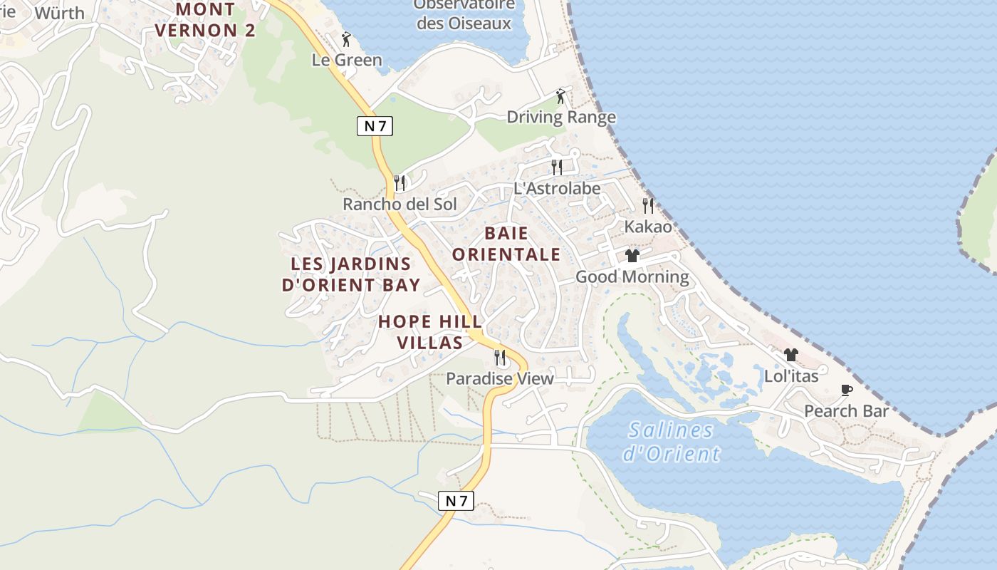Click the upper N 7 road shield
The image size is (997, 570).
pyautogui.click(x=375, y=126)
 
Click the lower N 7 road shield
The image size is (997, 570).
pyautogui.click(x=456, y=500)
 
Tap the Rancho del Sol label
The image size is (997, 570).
pyautogui.click(x=400, y=204)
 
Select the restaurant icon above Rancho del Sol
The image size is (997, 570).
pyautogui.click(x=400, y=183)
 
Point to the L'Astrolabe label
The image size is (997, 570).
pyautogui.click(x=557, y=189)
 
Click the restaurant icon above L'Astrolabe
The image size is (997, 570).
pyautogui.click(x=557, y=167)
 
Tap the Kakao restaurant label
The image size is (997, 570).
pyautogui.click(x=648, y=227)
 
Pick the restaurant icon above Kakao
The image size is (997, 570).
pyautogui.click(x=648, y=206)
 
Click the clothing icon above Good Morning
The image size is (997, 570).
pyautogui.click(x=632, y=256)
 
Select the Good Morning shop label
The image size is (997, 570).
pyautogui.click(x=632, y=276)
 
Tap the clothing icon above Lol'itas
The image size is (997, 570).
pyautogui.click(x=790, y=355)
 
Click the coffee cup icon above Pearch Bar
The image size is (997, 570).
pyautogui.click(x=846, y=390)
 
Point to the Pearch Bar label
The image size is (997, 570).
pyautogui.click(x=846, y=411)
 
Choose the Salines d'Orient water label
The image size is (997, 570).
pyautogui.click(x=671, y=442)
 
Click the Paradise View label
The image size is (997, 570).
pyautogui.click(x=499, y=378)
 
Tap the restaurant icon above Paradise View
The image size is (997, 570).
pyautogui.click(x=500, y=357)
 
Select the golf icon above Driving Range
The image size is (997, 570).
pyautogui.click(x=560, y=96)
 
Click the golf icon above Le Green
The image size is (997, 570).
pyautogui.click(x=347, y=39)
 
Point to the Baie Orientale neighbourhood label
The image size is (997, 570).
pyautogui.click(x=506, y=244)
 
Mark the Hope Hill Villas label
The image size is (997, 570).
pyautogui.click(x=430, y=332)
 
